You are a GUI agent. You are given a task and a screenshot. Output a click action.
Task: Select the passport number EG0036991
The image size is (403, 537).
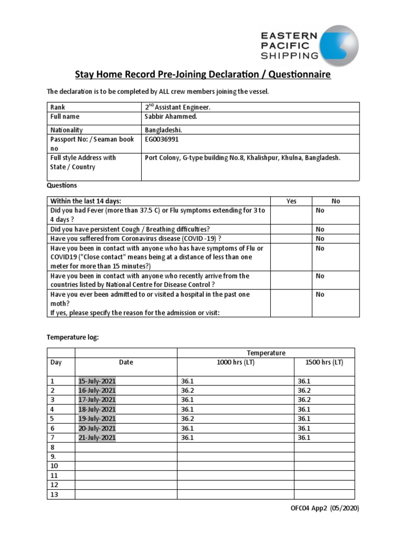[165, 139]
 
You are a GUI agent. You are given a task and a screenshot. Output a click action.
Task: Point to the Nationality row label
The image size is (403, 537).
[67, 130]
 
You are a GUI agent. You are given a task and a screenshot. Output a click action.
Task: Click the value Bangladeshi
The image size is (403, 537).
[164, 130]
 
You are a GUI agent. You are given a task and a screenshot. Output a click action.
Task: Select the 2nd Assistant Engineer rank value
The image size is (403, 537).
[178, 107]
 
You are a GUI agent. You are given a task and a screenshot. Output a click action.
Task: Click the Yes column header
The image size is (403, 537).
[291, 201]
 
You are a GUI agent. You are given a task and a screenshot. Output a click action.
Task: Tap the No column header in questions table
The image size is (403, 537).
[336, 201]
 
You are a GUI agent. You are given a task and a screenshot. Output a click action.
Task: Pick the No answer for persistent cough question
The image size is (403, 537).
[320, 229]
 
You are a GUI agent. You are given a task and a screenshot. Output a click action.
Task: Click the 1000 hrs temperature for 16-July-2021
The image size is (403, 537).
[187, 391]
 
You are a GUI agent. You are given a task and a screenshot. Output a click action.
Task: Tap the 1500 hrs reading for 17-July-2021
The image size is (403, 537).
[304, 400]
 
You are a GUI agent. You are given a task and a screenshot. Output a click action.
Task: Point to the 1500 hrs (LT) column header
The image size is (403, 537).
[324, 362]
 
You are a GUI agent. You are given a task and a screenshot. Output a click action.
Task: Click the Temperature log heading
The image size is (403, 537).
[73, 337]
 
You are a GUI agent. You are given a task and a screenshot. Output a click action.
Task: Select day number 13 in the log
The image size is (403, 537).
[55, 495]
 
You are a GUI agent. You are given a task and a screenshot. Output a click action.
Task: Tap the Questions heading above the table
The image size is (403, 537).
[62, 185]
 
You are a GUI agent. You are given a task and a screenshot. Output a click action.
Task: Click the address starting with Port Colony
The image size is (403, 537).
[242, 158]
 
